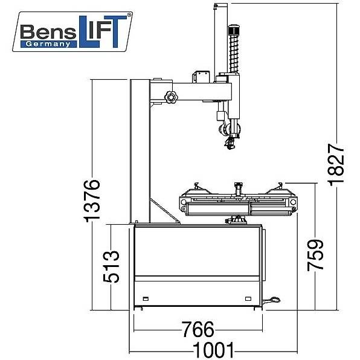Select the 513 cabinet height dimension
click(x=111, y=266)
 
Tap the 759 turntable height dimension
click(x=315, y=255)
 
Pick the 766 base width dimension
click(x=198, y=329)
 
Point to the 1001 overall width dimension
click(x=213, y=350)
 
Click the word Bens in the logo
click(x=48, y=32)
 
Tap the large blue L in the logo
click(x=89, y=31)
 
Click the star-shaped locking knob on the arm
click(x=171, y=97)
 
